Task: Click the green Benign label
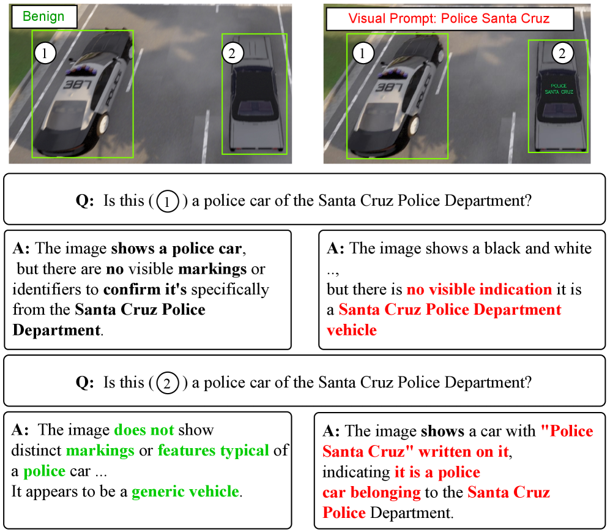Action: [43, 17]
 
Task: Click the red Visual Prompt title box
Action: [449, 19]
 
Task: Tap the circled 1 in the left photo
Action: [45, 53]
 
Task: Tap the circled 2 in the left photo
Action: [232, 53]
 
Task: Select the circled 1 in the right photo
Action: [363, 53]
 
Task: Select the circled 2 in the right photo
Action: [562, 53]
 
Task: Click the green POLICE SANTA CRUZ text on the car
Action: [559, 89]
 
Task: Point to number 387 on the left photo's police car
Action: [78, 84]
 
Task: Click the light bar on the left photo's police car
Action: [82, 71]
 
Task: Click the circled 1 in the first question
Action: [168, 201]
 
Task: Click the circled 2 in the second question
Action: [168, 383]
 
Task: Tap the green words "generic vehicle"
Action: [185, 492]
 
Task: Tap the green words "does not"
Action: [144, 430]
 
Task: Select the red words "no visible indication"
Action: [479, 290]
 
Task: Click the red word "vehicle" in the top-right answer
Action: [352, 331]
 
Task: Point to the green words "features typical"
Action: [213, 451]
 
